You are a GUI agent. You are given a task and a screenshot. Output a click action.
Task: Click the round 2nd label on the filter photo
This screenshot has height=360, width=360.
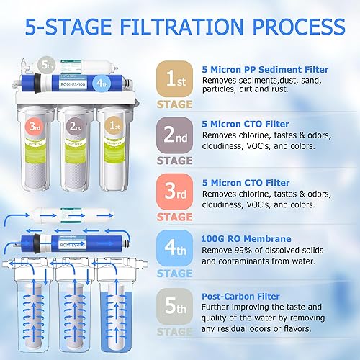74,125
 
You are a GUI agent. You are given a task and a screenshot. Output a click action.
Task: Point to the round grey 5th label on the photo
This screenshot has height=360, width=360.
45,64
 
